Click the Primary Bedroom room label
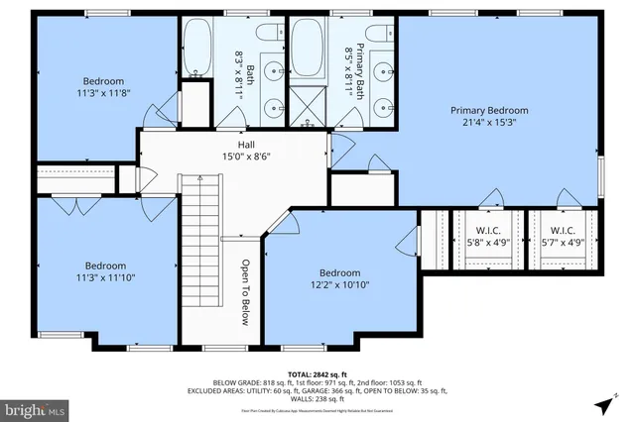[489, 110]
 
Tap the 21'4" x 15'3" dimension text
[489, 124]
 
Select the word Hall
[232, 145]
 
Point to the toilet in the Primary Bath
[378, 33]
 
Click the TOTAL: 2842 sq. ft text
[317, 372]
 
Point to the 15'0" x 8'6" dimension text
[232, 157]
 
